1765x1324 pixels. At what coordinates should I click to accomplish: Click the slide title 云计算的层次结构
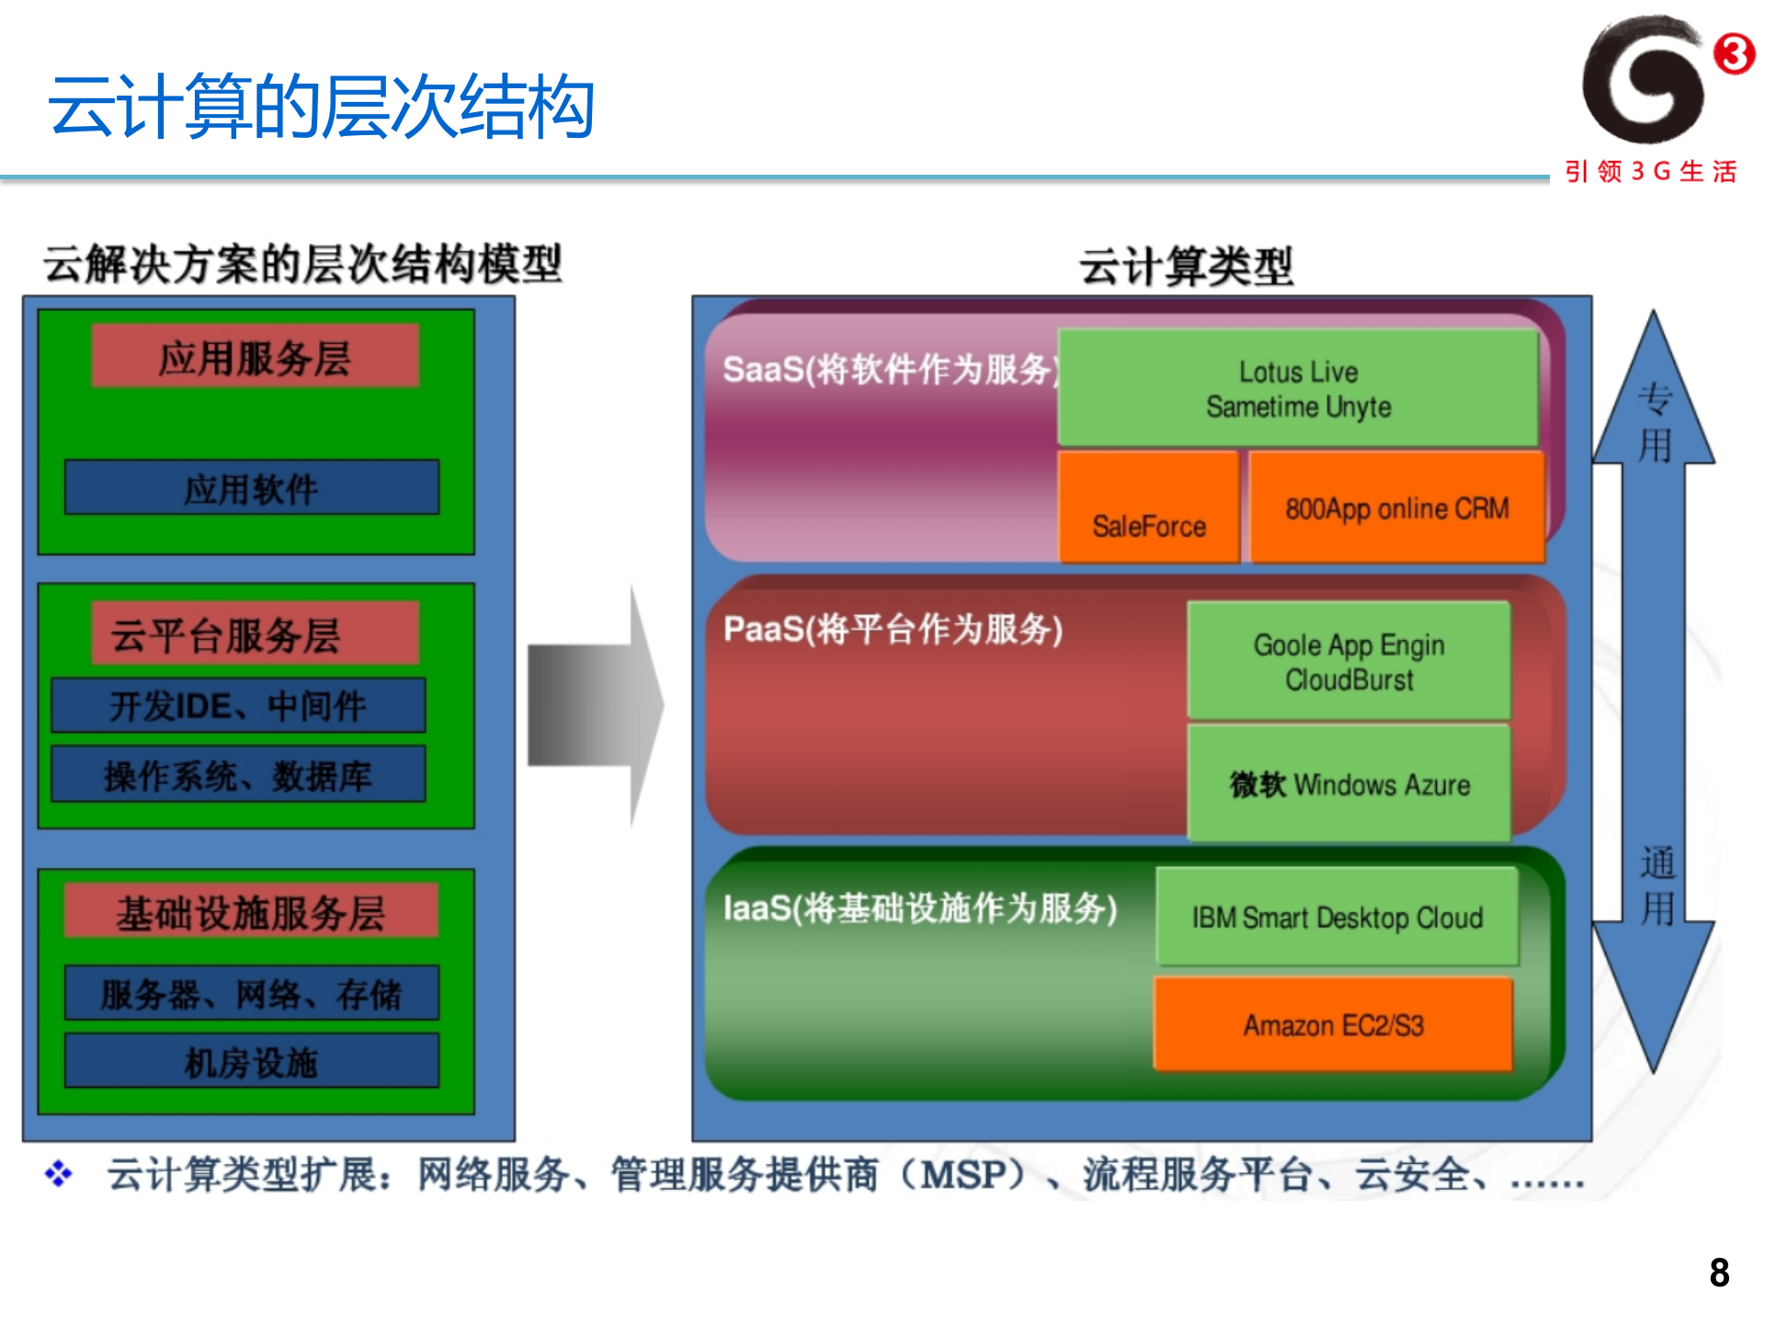point(321,108)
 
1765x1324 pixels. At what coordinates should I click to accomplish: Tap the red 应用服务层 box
point(255,357)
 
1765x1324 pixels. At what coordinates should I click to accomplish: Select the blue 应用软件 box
point(251,487)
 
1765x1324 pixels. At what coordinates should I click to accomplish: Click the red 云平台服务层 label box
point(255,633)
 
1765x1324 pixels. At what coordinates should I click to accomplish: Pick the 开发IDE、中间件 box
point(238,706)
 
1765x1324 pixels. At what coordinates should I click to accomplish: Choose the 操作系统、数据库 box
point(238,775)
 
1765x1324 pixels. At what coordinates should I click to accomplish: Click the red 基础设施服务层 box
point(251,911)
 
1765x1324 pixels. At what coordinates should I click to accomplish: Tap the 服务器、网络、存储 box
point(251,993)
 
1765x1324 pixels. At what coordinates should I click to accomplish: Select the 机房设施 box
point(251,1061)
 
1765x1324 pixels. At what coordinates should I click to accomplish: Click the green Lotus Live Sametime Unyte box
point(1297,388)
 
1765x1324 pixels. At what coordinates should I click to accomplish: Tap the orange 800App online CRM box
point(1395,507)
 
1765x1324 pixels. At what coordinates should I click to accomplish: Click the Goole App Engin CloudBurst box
point(1348,660)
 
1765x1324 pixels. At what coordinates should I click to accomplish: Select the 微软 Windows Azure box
point(1348,782)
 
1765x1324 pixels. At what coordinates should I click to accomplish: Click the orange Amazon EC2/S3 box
point(1332,1023)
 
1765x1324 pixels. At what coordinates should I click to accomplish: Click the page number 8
point(1718,1273)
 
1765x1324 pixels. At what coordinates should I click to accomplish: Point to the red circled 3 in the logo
point(1733,53)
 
